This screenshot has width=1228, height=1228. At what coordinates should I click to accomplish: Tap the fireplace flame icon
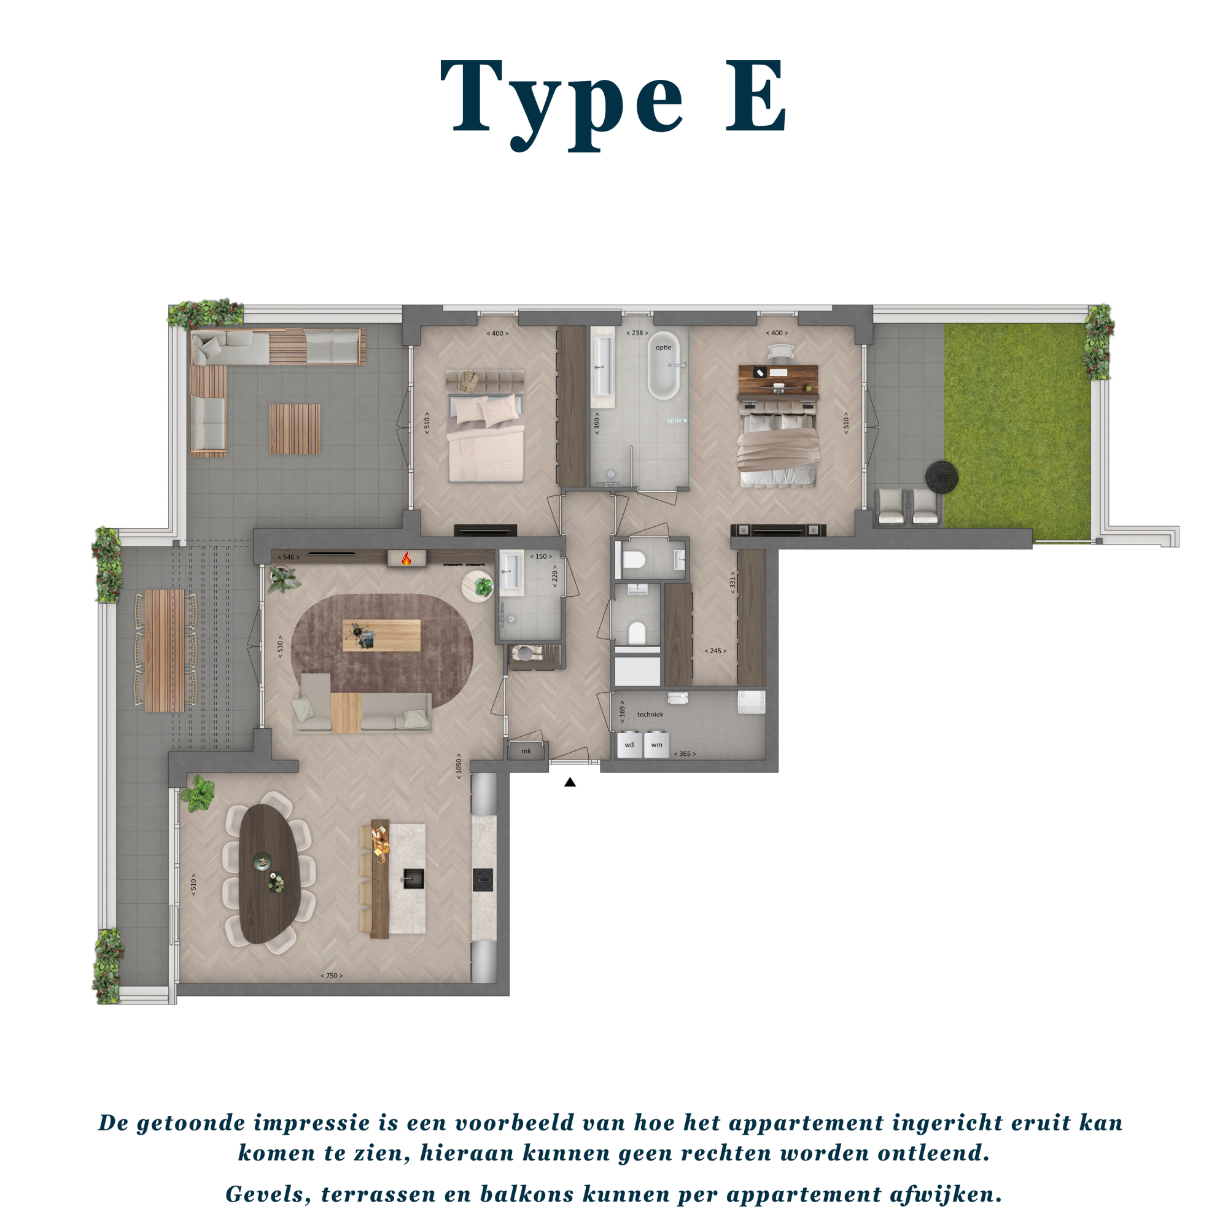406,558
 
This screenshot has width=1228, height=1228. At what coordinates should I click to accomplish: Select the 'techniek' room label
650,715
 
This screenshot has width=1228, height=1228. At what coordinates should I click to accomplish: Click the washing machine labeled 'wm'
656,744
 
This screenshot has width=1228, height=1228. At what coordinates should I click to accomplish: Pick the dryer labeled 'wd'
629,744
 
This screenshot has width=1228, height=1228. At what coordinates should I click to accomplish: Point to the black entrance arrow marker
570,782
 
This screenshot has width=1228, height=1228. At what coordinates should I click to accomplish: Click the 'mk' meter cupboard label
526,752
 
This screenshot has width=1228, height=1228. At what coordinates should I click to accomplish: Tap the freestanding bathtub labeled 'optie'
664,365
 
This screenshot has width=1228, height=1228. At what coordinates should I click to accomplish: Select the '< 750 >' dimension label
331,976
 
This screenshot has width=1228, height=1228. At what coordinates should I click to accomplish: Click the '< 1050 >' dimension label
458,766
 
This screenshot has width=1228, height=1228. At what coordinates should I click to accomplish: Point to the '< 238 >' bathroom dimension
637,333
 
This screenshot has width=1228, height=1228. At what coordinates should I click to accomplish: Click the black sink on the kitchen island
413,879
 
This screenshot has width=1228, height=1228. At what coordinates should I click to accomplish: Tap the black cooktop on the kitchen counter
483,880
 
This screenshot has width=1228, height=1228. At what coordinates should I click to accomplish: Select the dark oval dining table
270,873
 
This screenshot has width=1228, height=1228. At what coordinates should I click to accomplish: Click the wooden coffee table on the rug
381,635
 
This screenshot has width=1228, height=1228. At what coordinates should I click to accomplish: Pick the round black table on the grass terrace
941,476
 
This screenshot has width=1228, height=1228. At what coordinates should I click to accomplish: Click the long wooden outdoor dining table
165,650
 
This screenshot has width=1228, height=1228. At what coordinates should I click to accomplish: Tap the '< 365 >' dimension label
685,754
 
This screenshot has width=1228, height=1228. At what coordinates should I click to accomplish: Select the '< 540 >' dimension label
288,558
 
